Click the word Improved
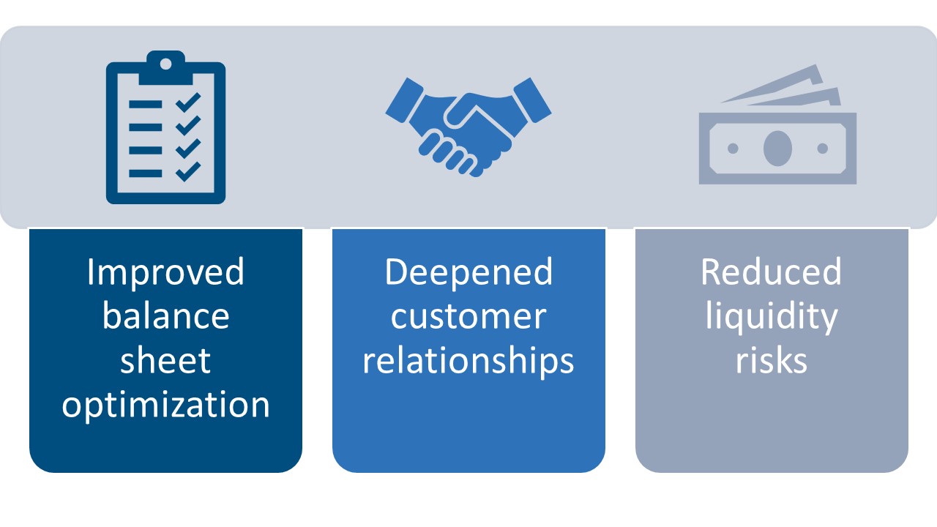pyautogui.click(x=165, y=272)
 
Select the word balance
pyautogui.click(x=165, y=316)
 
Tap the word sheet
pyautogui.click(x=165, y=360)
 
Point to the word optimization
pyautogui.click(x=165, y=405)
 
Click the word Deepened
pyautogui.click(x=468, y=272)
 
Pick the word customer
pyautogui.click(x=468, y=316)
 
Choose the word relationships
pyautogui.click(x=468, y=360)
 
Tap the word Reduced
pyautogui.click(x=771, y=272)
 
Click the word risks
pyautogui.click(x=771, y=360)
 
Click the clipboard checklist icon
pyautogui.click(x=165, y=127)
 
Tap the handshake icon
pyautogui.click(x=468, y=124)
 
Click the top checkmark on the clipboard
pyautogui.click(x=188, y=102)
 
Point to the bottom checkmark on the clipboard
pyautogui.click(x=188, y=171)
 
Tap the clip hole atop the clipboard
pyautogui.click(x=165, y=64)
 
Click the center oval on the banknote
pyautogui.click(x=777, y=149)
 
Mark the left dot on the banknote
pyautogui.click(x=733, y=149)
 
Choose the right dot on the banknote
pyautogui.click(x=822, y=149)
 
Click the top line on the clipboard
pyautogui.click(x=145, y=104)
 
